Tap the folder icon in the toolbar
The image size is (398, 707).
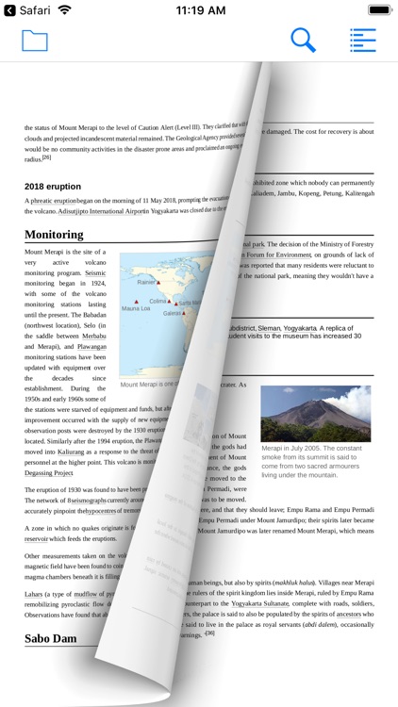[x=34, y=41]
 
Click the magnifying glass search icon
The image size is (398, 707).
[x=303, y=41]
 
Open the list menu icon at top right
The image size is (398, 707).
[x=362, y=41]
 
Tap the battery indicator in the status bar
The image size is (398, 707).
[x=378, y=9]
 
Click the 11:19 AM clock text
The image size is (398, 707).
[x=199, y=9]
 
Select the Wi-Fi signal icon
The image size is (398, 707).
[x=64, y=9]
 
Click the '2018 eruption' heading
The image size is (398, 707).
[x=53, y=186]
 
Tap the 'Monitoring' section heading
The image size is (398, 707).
[x=54, y=234]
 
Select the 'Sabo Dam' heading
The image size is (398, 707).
[x=50, y=638]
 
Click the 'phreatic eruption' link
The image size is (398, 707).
[x=53, y=201]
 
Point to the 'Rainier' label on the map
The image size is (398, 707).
[x=145, y=281]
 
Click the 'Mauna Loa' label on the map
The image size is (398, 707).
[x=136, y=308]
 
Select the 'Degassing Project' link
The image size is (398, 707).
[x=48, y=472]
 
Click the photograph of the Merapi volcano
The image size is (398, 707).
[x=315, y=412]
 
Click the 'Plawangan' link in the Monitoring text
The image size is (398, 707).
[x=91, y=346]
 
